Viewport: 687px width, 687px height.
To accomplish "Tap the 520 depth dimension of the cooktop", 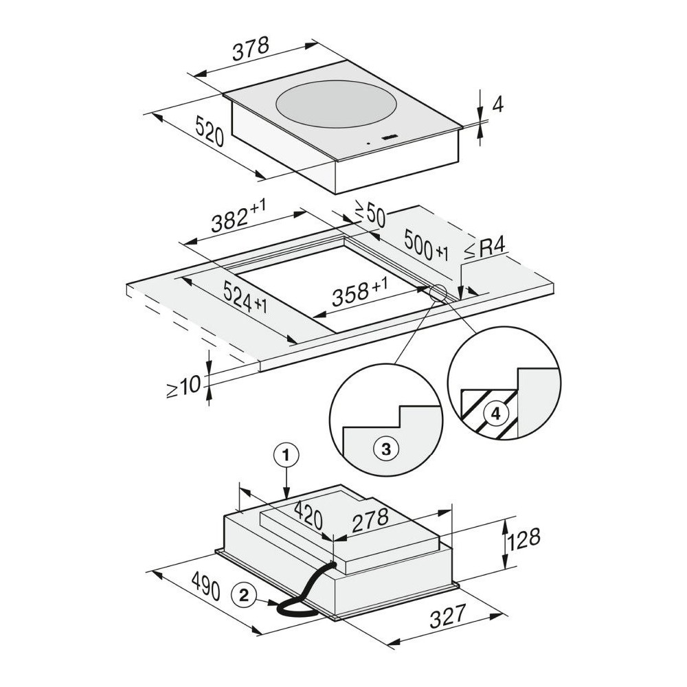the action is click(x=210, y=131).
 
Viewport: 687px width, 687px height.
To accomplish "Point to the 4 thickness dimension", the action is click(x=497, y=104).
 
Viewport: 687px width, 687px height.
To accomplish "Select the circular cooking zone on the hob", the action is click(x=337, y=104).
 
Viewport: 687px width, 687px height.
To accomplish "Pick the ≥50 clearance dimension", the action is click(x=370, y=214).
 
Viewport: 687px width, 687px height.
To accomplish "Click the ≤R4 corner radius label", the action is click(x=484, y=250).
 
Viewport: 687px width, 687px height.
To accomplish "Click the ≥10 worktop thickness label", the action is click(x=183, y=386).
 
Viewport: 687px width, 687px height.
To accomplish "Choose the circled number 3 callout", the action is click(x=386, y=449).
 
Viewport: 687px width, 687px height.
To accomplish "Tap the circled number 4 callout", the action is click(x=495, y=414).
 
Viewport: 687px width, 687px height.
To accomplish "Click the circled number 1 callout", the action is click(x=286, y=456).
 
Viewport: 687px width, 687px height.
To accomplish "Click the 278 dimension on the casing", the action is click(x=370, y=520).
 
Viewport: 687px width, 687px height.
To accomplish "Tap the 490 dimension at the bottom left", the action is click(x=205, y=586).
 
